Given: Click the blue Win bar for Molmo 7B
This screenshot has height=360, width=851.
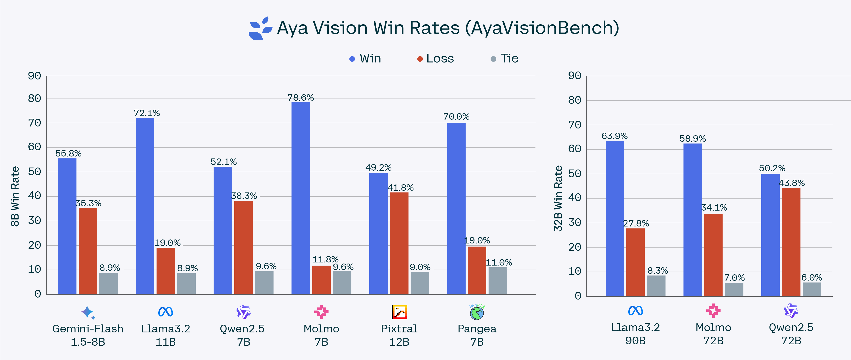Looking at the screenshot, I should [x=300, y=198].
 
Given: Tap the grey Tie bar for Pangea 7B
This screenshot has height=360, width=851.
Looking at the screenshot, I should [x=498, y=281].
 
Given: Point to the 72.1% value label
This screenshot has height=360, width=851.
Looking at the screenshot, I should [x=147, y=113].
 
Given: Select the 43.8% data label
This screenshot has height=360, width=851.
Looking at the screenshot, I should [x=792, y=183].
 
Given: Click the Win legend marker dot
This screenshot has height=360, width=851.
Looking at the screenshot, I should [x=352, y=59].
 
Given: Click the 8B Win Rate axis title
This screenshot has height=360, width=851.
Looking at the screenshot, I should [x=15, y=196].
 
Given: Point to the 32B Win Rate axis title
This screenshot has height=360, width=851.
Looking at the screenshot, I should [x=558, y=198].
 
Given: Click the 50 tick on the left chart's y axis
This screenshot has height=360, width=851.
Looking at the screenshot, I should [x=34, y=172].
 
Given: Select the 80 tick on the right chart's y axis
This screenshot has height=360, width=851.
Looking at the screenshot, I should [x=574, y=100].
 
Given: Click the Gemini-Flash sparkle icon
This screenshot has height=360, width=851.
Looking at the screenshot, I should [x=87, y=312].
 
